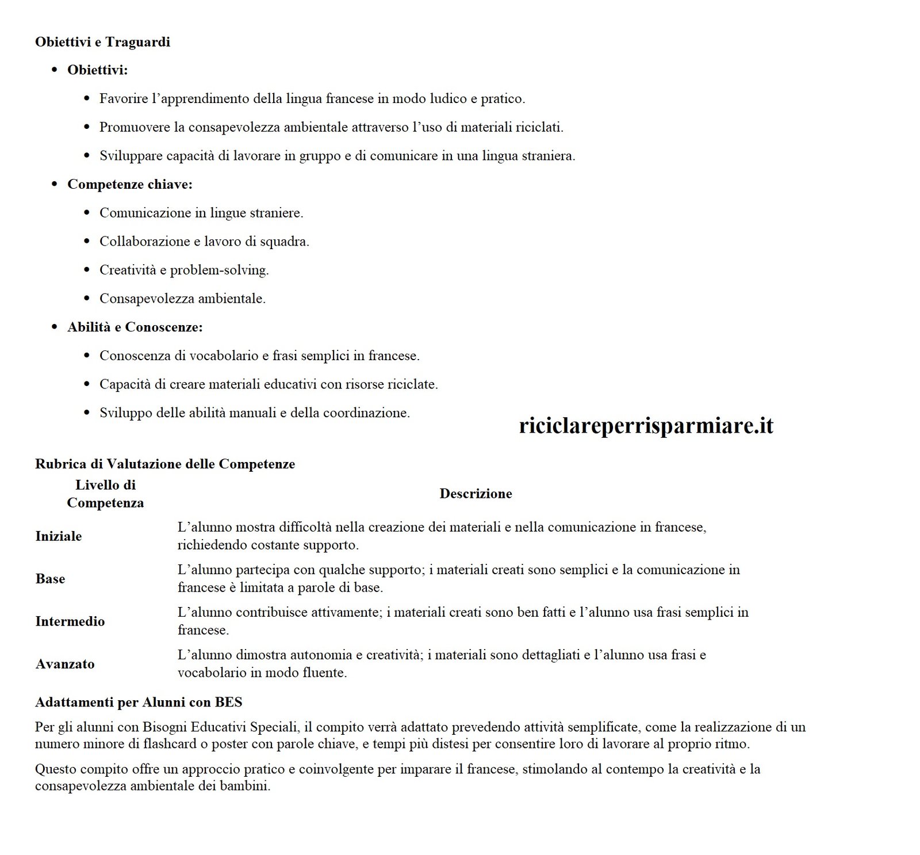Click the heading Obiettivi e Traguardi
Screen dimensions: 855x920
pos(102,42)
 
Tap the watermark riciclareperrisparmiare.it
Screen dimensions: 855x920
pos(646,426)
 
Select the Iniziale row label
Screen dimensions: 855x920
pos(59,536)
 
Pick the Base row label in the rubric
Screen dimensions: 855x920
pos(50,579)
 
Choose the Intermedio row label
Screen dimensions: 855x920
pos(70,621)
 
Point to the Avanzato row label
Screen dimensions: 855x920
pos(65,664)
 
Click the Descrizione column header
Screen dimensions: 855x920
pos(476,494)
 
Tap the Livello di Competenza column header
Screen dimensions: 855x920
pos(105,494)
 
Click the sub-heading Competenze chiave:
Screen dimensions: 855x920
pos(130,185)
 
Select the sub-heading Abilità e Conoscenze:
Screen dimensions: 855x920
pos(135,327)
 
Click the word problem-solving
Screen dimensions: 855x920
pos(219,270)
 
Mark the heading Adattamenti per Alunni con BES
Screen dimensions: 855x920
pos(139,703)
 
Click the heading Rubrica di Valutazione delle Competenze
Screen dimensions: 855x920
pos(165,464)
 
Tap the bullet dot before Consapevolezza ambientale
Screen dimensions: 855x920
pos(87,299)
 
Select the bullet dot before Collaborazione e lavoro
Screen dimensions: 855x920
pos(87,242)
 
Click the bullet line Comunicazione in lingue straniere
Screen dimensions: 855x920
pos(201,213)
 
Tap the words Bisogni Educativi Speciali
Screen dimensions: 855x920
pos(219,727)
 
